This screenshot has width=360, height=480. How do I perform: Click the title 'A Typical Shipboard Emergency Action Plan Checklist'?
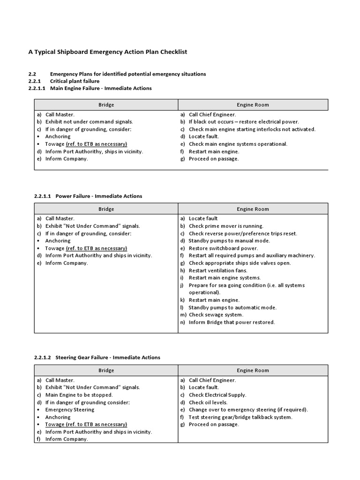pos(108,52)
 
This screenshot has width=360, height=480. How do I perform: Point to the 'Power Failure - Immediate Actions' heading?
pos(98,196)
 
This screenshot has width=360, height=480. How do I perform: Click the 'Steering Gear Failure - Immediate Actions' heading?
pos(107,357)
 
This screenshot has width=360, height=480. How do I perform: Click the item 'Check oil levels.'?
pos(208,402)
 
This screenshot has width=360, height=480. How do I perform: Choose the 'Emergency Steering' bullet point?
pos(69,410)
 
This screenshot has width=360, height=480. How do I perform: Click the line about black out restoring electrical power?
pos(243,122)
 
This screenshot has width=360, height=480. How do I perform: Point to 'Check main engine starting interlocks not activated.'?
pos(252,129)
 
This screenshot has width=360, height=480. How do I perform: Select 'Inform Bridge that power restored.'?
pos(232,322)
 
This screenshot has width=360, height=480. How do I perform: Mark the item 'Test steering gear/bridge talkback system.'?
pos(240,417)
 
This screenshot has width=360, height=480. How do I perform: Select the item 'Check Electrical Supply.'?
pos(217,395)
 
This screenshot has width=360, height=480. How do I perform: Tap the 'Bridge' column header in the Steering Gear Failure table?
pos(106,370)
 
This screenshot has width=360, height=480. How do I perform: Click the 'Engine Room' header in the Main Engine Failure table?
pos(253,105)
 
